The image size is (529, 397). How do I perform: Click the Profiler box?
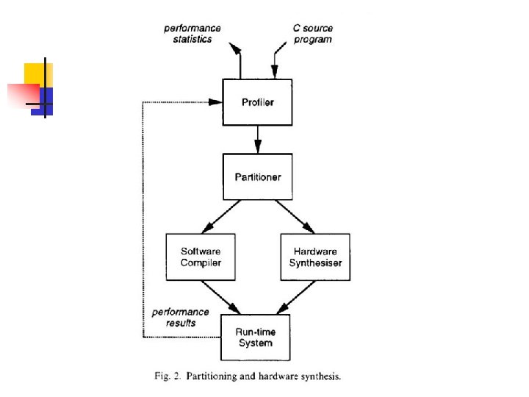point(257,102)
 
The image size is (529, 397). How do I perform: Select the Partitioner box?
point(257,176)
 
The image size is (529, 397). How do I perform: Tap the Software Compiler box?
point(201,257)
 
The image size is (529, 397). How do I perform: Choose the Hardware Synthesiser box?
point(314,257)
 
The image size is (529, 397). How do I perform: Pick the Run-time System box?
point(255,337)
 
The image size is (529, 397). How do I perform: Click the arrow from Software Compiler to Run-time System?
point(224,297)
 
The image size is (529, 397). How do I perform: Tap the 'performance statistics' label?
point(192,34)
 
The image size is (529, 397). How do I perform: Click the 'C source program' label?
point(312,34)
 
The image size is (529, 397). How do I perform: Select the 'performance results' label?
point(180,318)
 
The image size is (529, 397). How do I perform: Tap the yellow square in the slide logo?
point(35,73)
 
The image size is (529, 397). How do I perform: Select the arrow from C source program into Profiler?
point(276,63)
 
